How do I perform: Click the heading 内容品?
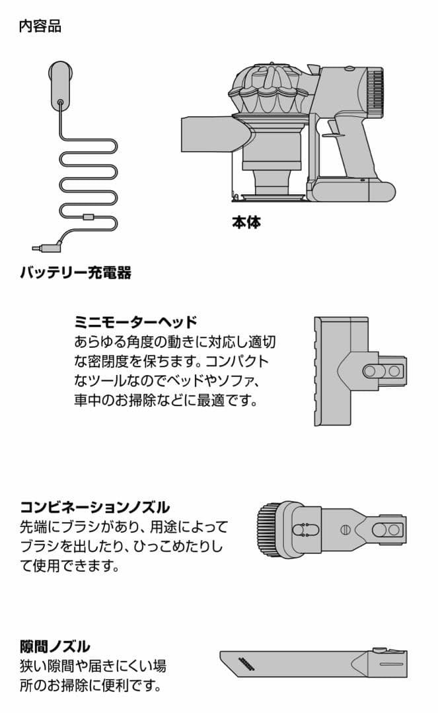(x=40, y=27)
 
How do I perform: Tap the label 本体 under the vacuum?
(x=246, y=222)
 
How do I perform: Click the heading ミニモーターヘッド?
(x=135, y=322)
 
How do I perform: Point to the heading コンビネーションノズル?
(x=94, y=507)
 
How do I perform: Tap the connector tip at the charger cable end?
(x=38, y=249)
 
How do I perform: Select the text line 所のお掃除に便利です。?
(x=91, y=685)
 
